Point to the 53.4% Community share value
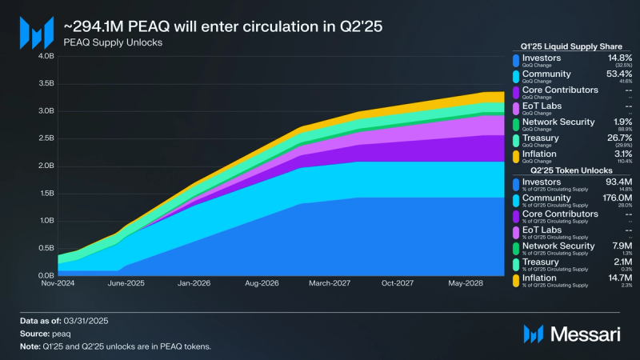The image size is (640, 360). (618, 74)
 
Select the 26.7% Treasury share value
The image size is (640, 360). (618, 138)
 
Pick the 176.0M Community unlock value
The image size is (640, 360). (616, 199)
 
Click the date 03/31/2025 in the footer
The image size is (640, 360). (85, 321)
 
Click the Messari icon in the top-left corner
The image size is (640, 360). (36, 33)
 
